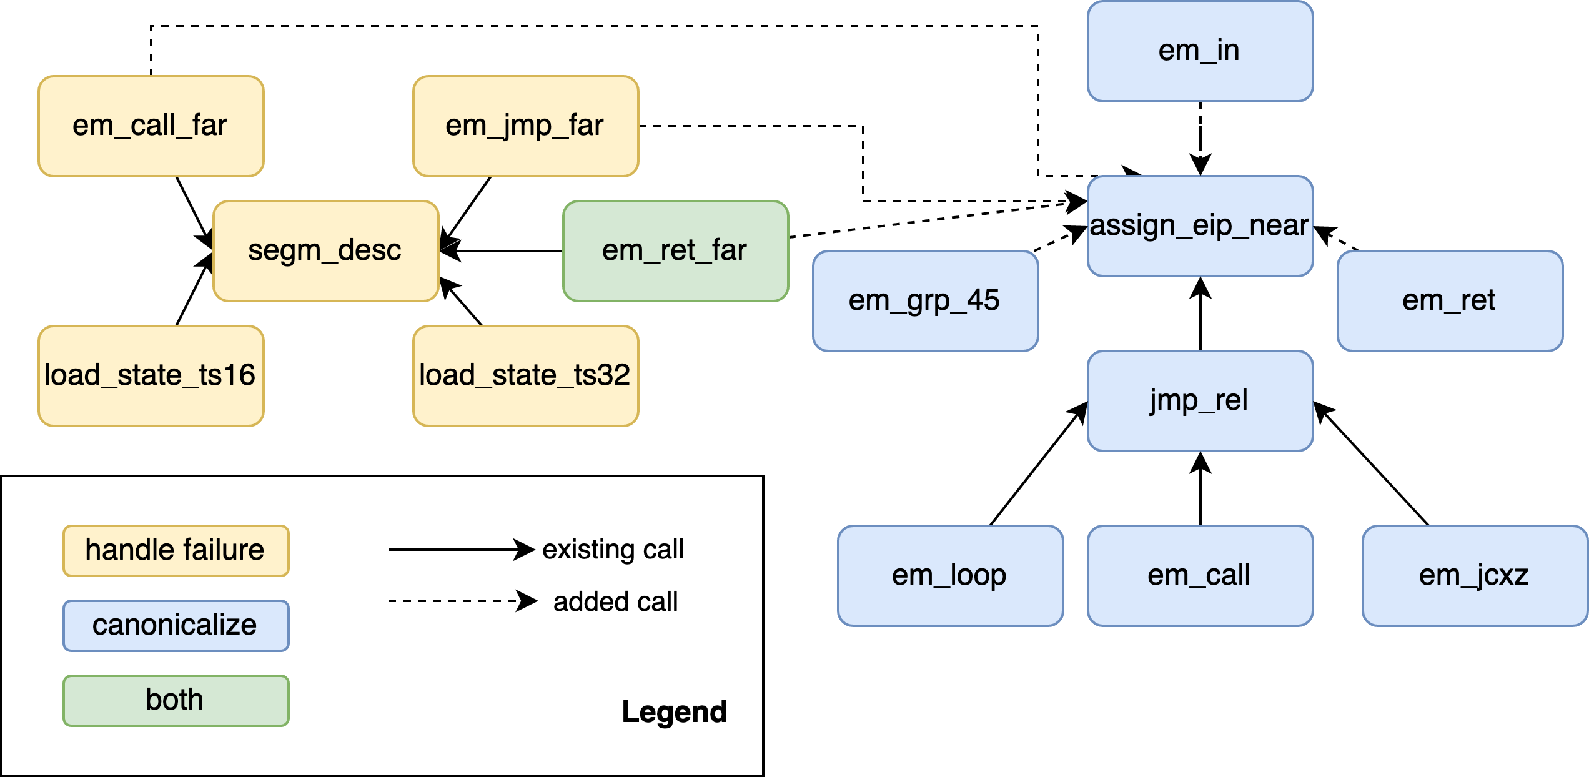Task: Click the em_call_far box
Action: point(151,126)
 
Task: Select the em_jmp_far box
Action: point(525,126)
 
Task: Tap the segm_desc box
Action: point(325,251)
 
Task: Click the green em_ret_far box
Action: point(675,251)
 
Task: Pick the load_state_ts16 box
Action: point(151,376)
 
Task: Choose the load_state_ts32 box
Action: point(525,376)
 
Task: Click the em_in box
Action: point(1200,51)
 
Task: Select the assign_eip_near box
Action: point(1200,226)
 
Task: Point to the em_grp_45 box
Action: point(925,301)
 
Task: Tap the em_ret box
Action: point(1450,301)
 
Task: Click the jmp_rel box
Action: point(1200,401)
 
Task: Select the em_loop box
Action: point(950,576)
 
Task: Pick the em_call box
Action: point(1200,576)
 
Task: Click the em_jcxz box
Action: point(1475,576)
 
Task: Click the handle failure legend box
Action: point(176,551)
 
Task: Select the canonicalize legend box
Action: point(176,626)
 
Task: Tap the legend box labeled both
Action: point(176,700)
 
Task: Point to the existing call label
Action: point(613,550)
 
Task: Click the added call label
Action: point(615,603)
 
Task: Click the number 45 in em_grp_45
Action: point(983,300)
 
